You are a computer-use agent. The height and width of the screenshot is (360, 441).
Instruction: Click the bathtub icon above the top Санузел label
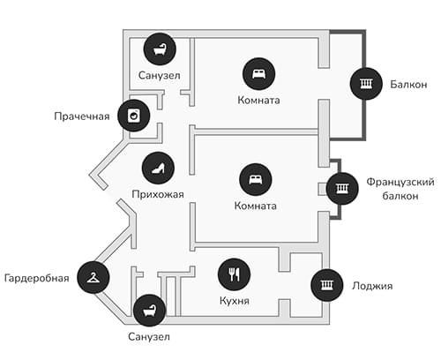(160, 49)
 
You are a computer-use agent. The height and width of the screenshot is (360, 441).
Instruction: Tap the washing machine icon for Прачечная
(134, 116)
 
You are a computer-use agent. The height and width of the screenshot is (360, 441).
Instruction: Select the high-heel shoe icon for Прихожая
(158, 169)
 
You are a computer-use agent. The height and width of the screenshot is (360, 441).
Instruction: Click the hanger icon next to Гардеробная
(93, 277)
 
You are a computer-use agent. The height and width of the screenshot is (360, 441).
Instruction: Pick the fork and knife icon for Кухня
(234, 274)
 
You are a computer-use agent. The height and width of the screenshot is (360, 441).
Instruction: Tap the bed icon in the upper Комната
(258, 74)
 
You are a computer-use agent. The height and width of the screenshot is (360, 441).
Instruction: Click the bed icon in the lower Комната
(256, 179)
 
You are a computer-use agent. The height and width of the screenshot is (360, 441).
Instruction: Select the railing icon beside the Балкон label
(366, 84)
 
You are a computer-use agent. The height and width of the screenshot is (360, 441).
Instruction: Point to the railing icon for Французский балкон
(342, 188)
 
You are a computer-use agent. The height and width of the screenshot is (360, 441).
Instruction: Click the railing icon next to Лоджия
(327, 285)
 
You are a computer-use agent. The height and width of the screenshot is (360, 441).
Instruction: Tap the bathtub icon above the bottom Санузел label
(150, 311)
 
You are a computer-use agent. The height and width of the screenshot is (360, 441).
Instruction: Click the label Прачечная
(82, 116)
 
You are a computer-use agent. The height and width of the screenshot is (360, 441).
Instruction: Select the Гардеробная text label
(37, 278)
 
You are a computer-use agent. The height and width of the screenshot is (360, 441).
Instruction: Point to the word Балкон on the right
(408, 85)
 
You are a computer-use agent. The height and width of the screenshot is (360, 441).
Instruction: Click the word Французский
(400, 182)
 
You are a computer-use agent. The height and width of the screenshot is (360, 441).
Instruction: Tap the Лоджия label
(372, 286)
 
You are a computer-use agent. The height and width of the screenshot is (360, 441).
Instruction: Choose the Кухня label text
(235, 301)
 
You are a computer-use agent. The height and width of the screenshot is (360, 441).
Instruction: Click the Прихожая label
(158, 194)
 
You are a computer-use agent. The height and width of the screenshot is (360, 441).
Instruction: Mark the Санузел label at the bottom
(149, 337)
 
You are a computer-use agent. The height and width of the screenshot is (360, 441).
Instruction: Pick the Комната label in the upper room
(258, 101)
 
